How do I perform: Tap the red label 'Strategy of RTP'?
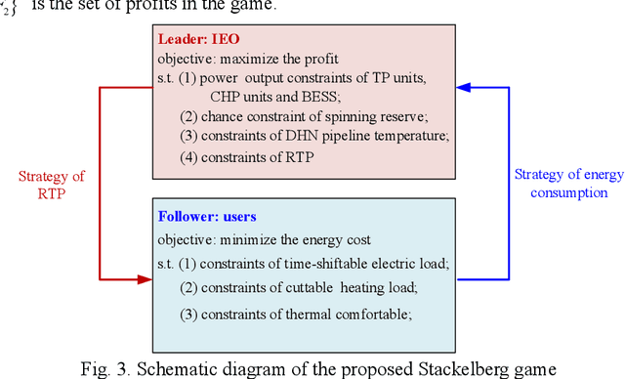(x=52, y=186)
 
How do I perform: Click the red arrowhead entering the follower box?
(x=146, y=279)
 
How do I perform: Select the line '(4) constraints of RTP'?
(x=246, y=154)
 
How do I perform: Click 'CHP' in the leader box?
(x=227, y=95)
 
